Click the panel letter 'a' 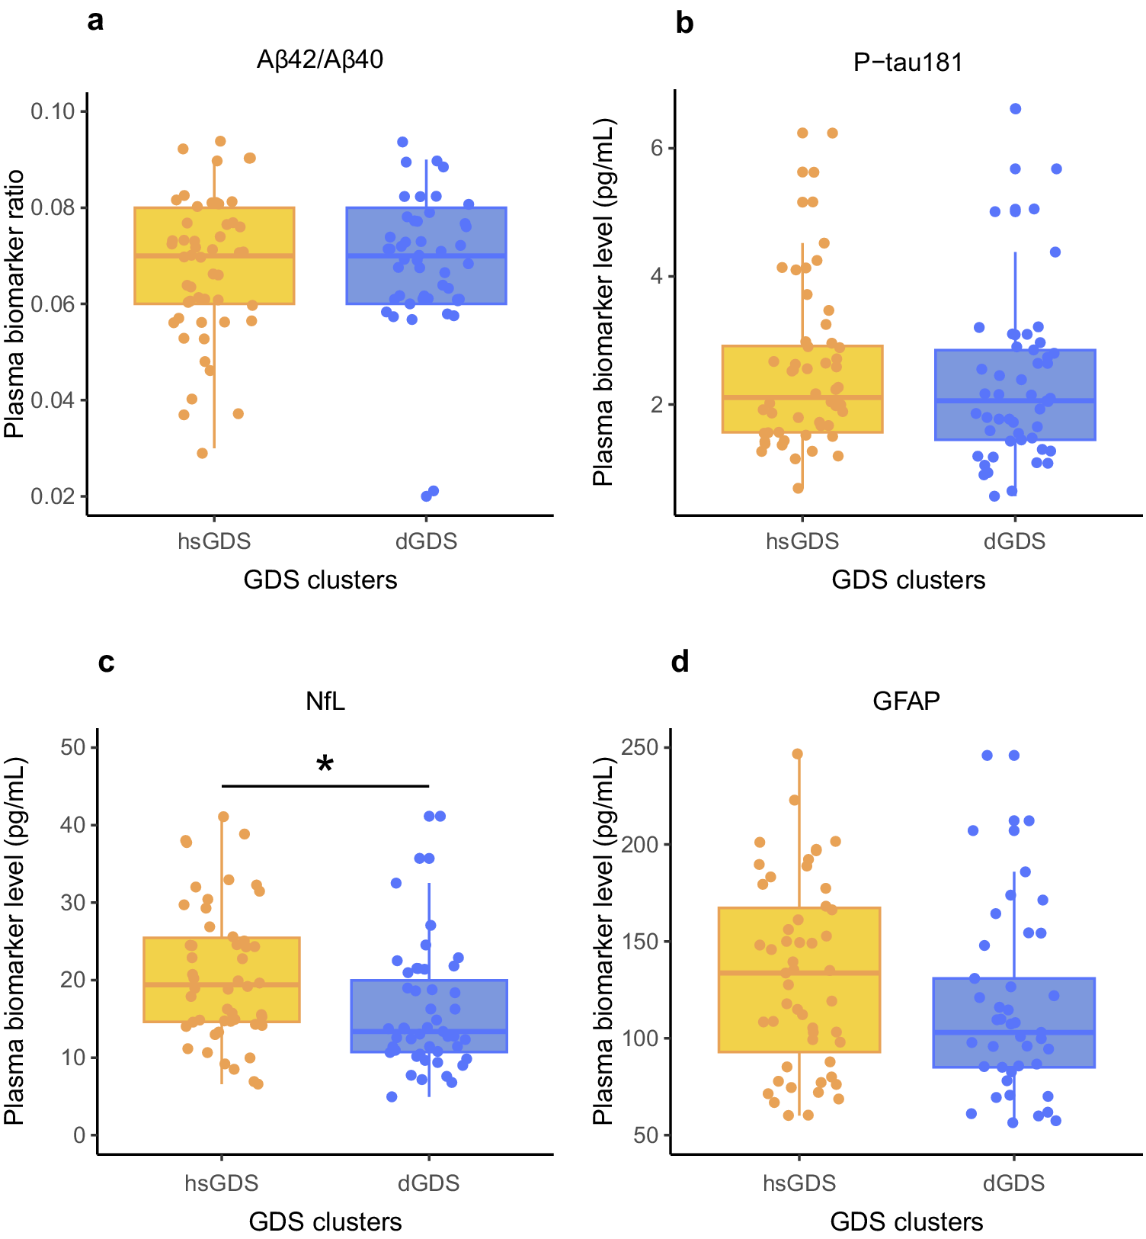[x=95, y=21]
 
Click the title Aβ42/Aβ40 [x=320, y=59]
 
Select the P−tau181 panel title [x=908, y=62]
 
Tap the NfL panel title [x=325, y=701]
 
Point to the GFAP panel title [x=906, y=700]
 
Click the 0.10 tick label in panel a [x=53, y=111]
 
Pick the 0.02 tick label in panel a [x=53, y=496]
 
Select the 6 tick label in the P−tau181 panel [x=657, y=148]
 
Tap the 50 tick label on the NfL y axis [x=73, y=747]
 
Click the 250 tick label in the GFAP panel [x=640, y=747]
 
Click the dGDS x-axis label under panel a [x=426, y=541]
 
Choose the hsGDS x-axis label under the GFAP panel [x=799, y=1183]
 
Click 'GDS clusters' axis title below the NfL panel [x=325, y=1221]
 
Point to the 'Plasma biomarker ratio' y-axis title [x=15, y=304]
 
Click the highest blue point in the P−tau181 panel [x=1016, y=109]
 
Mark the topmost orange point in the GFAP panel [x=798, y=754]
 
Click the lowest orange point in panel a [x=203, y=453]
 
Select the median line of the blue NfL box [x=429, y=1031]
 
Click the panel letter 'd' [x=680, y=662]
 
